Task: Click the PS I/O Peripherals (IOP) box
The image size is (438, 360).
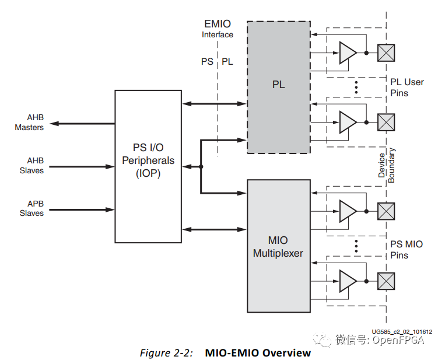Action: tap(148, 166)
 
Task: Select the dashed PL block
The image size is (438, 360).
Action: tap(279, 86)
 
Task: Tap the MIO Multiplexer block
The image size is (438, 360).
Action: tap(279, 245)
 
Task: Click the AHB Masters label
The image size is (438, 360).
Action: tap(29, 123)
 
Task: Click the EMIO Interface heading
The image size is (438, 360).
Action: tap(218, 29)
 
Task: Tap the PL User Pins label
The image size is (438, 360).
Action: tap(407, 88)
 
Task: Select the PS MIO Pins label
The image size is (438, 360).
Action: tap(407, 250)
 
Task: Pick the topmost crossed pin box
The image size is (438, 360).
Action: tap(386, 53)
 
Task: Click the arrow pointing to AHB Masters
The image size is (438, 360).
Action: tap(82, 124)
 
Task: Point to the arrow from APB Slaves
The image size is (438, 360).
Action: tap(82, 208)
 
